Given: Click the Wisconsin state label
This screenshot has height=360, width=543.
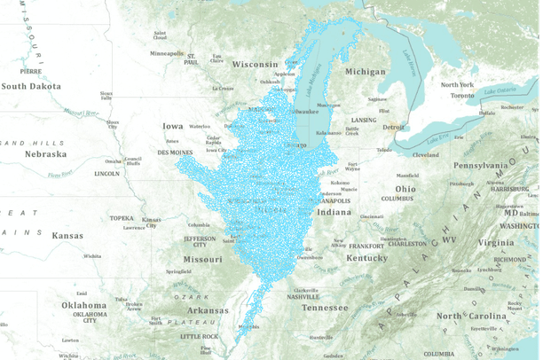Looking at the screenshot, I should click(256, 64).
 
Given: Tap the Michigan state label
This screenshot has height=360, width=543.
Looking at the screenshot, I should click(366, 72).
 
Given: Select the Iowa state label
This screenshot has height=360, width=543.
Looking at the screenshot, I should click(172, 127).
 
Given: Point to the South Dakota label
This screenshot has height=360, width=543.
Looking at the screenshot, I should click(32, 86).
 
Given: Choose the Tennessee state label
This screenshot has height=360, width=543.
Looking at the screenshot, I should click(324, 308).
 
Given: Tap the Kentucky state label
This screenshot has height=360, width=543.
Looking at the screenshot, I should click(366, 258).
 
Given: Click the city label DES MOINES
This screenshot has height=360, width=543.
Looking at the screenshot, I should click(175, 153).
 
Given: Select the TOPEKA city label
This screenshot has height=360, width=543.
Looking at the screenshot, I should click(121, 217).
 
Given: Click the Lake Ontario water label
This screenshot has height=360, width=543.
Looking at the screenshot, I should click(500, 90).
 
